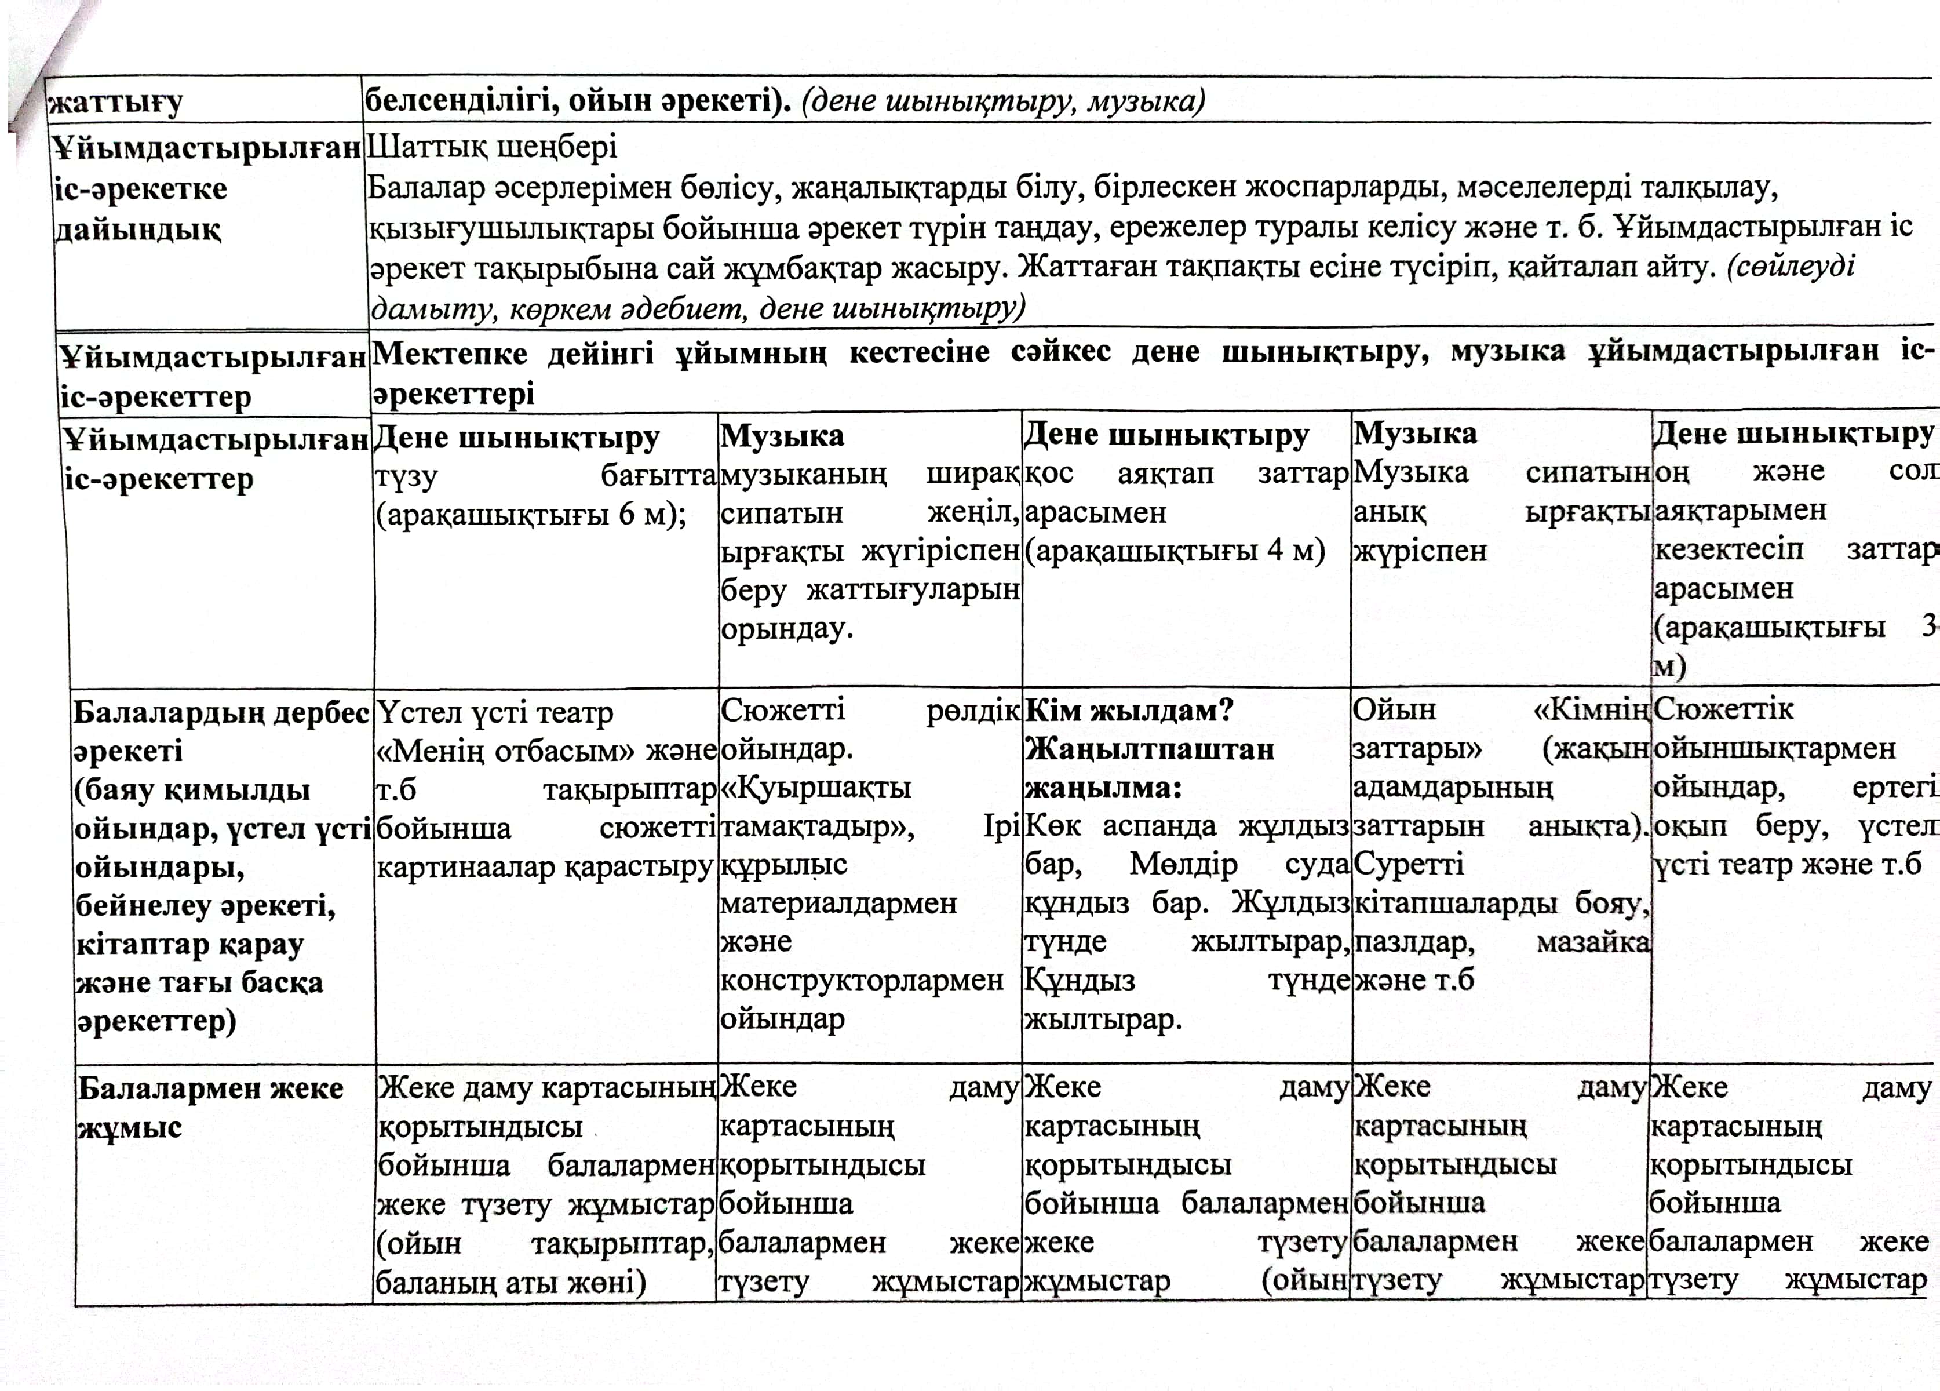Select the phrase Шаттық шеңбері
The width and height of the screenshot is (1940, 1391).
pos(491,147)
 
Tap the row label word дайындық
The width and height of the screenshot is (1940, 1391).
pos(137,230)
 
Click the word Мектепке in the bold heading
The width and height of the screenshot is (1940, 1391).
pos(449,352)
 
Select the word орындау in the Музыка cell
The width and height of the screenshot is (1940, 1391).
pos(786,629)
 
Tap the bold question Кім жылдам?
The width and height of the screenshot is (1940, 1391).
pos(1128,710)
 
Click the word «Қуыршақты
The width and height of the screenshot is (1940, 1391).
pos(815,788)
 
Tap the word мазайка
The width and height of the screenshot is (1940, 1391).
pos(1593,942)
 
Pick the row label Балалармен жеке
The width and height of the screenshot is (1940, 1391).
pos(210,1089)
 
